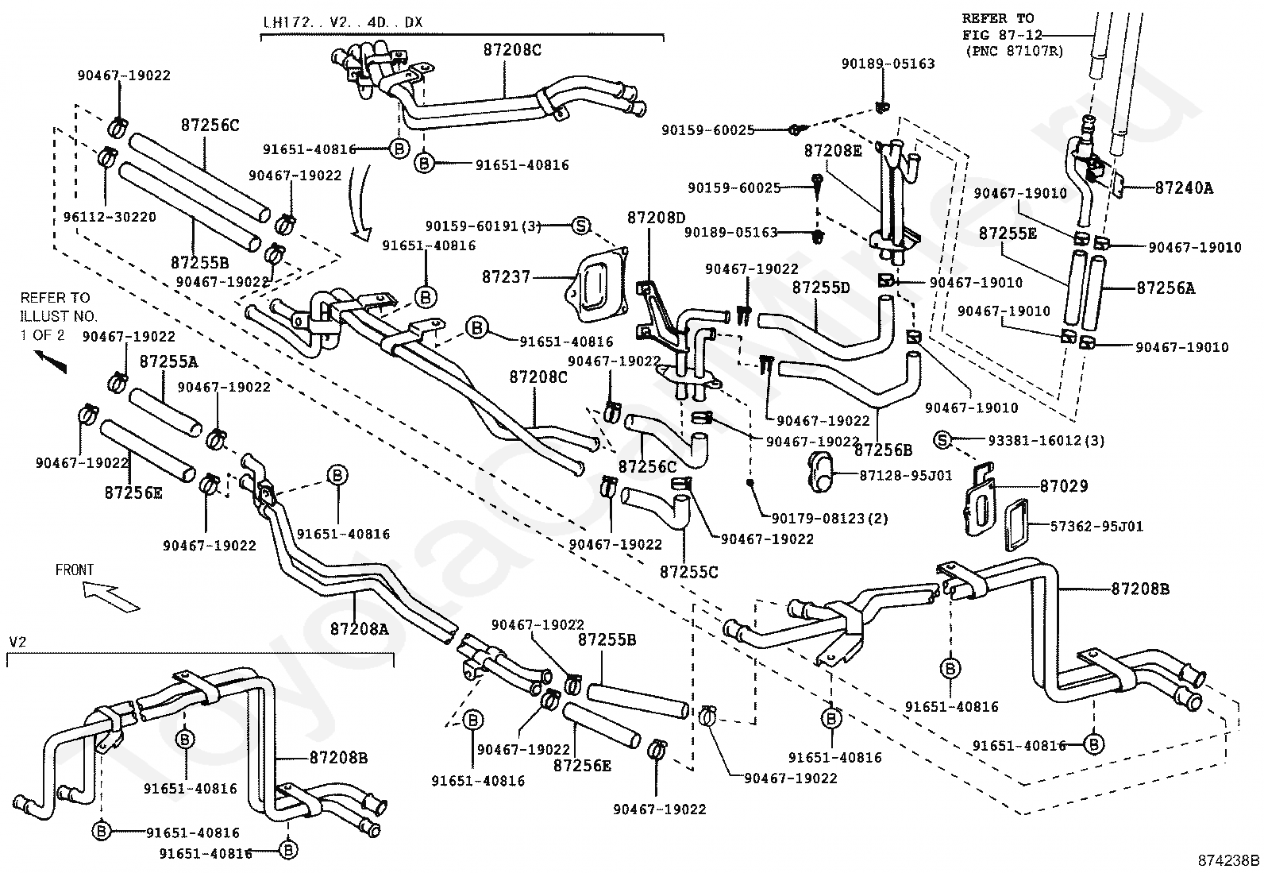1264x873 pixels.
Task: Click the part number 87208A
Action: pos(360,628)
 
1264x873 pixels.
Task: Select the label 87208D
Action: pos(657,218)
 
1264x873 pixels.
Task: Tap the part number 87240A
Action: pos(1184,187)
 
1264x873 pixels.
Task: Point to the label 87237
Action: pos(507,276)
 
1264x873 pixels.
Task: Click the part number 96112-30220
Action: pos(110,217)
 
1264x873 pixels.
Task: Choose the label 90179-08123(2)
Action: pos(830,518)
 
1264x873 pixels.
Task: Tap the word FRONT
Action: pos(75,570)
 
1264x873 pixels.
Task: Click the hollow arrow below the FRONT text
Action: pos(111,597)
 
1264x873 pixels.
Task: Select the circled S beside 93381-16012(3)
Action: pos(942,440)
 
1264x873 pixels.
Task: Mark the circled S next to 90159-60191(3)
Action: pos(580,226)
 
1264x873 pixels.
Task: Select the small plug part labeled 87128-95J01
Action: pos(823,472)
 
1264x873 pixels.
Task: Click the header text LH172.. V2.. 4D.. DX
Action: pos(342,22)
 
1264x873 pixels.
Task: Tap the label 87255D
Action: pos(821,288)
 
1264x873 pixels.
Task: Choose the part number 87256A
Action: pos(1166,288)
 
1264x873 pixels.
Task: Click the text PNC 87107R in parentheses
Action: pos(1014,51)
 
